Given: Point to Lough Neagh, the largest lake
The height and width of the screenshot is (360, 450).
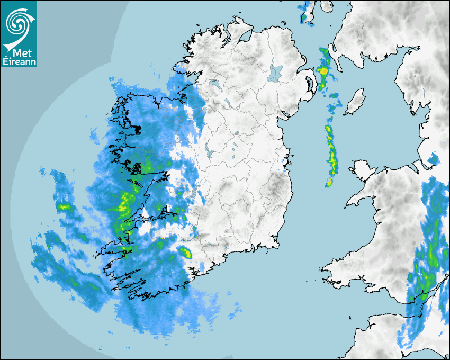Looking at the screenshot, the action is (275, 73).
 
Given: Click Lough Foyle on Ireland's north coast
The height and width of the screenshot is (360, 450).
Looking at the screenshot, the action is (245, 37).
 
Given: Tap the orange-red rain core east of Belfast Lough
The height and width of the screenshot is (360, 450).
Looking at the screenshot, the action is (322, 70).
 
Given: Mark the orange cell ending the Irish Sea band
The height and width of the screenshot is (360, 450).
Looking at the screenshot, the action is (329, 183).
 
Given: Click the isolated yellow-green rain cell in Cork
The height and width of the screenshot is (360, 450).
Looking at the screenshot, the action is (185, 252).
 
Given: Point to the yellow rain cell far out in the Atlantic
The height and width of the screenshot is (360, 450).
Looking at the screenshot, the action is (64, 206).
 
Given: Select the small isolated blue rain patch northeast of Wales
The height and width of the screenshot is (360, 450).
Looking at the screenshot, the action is (433, 158).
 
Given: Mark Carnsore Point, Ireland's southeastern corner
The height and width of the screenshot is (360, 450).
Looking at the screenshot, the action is (277, 245).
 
